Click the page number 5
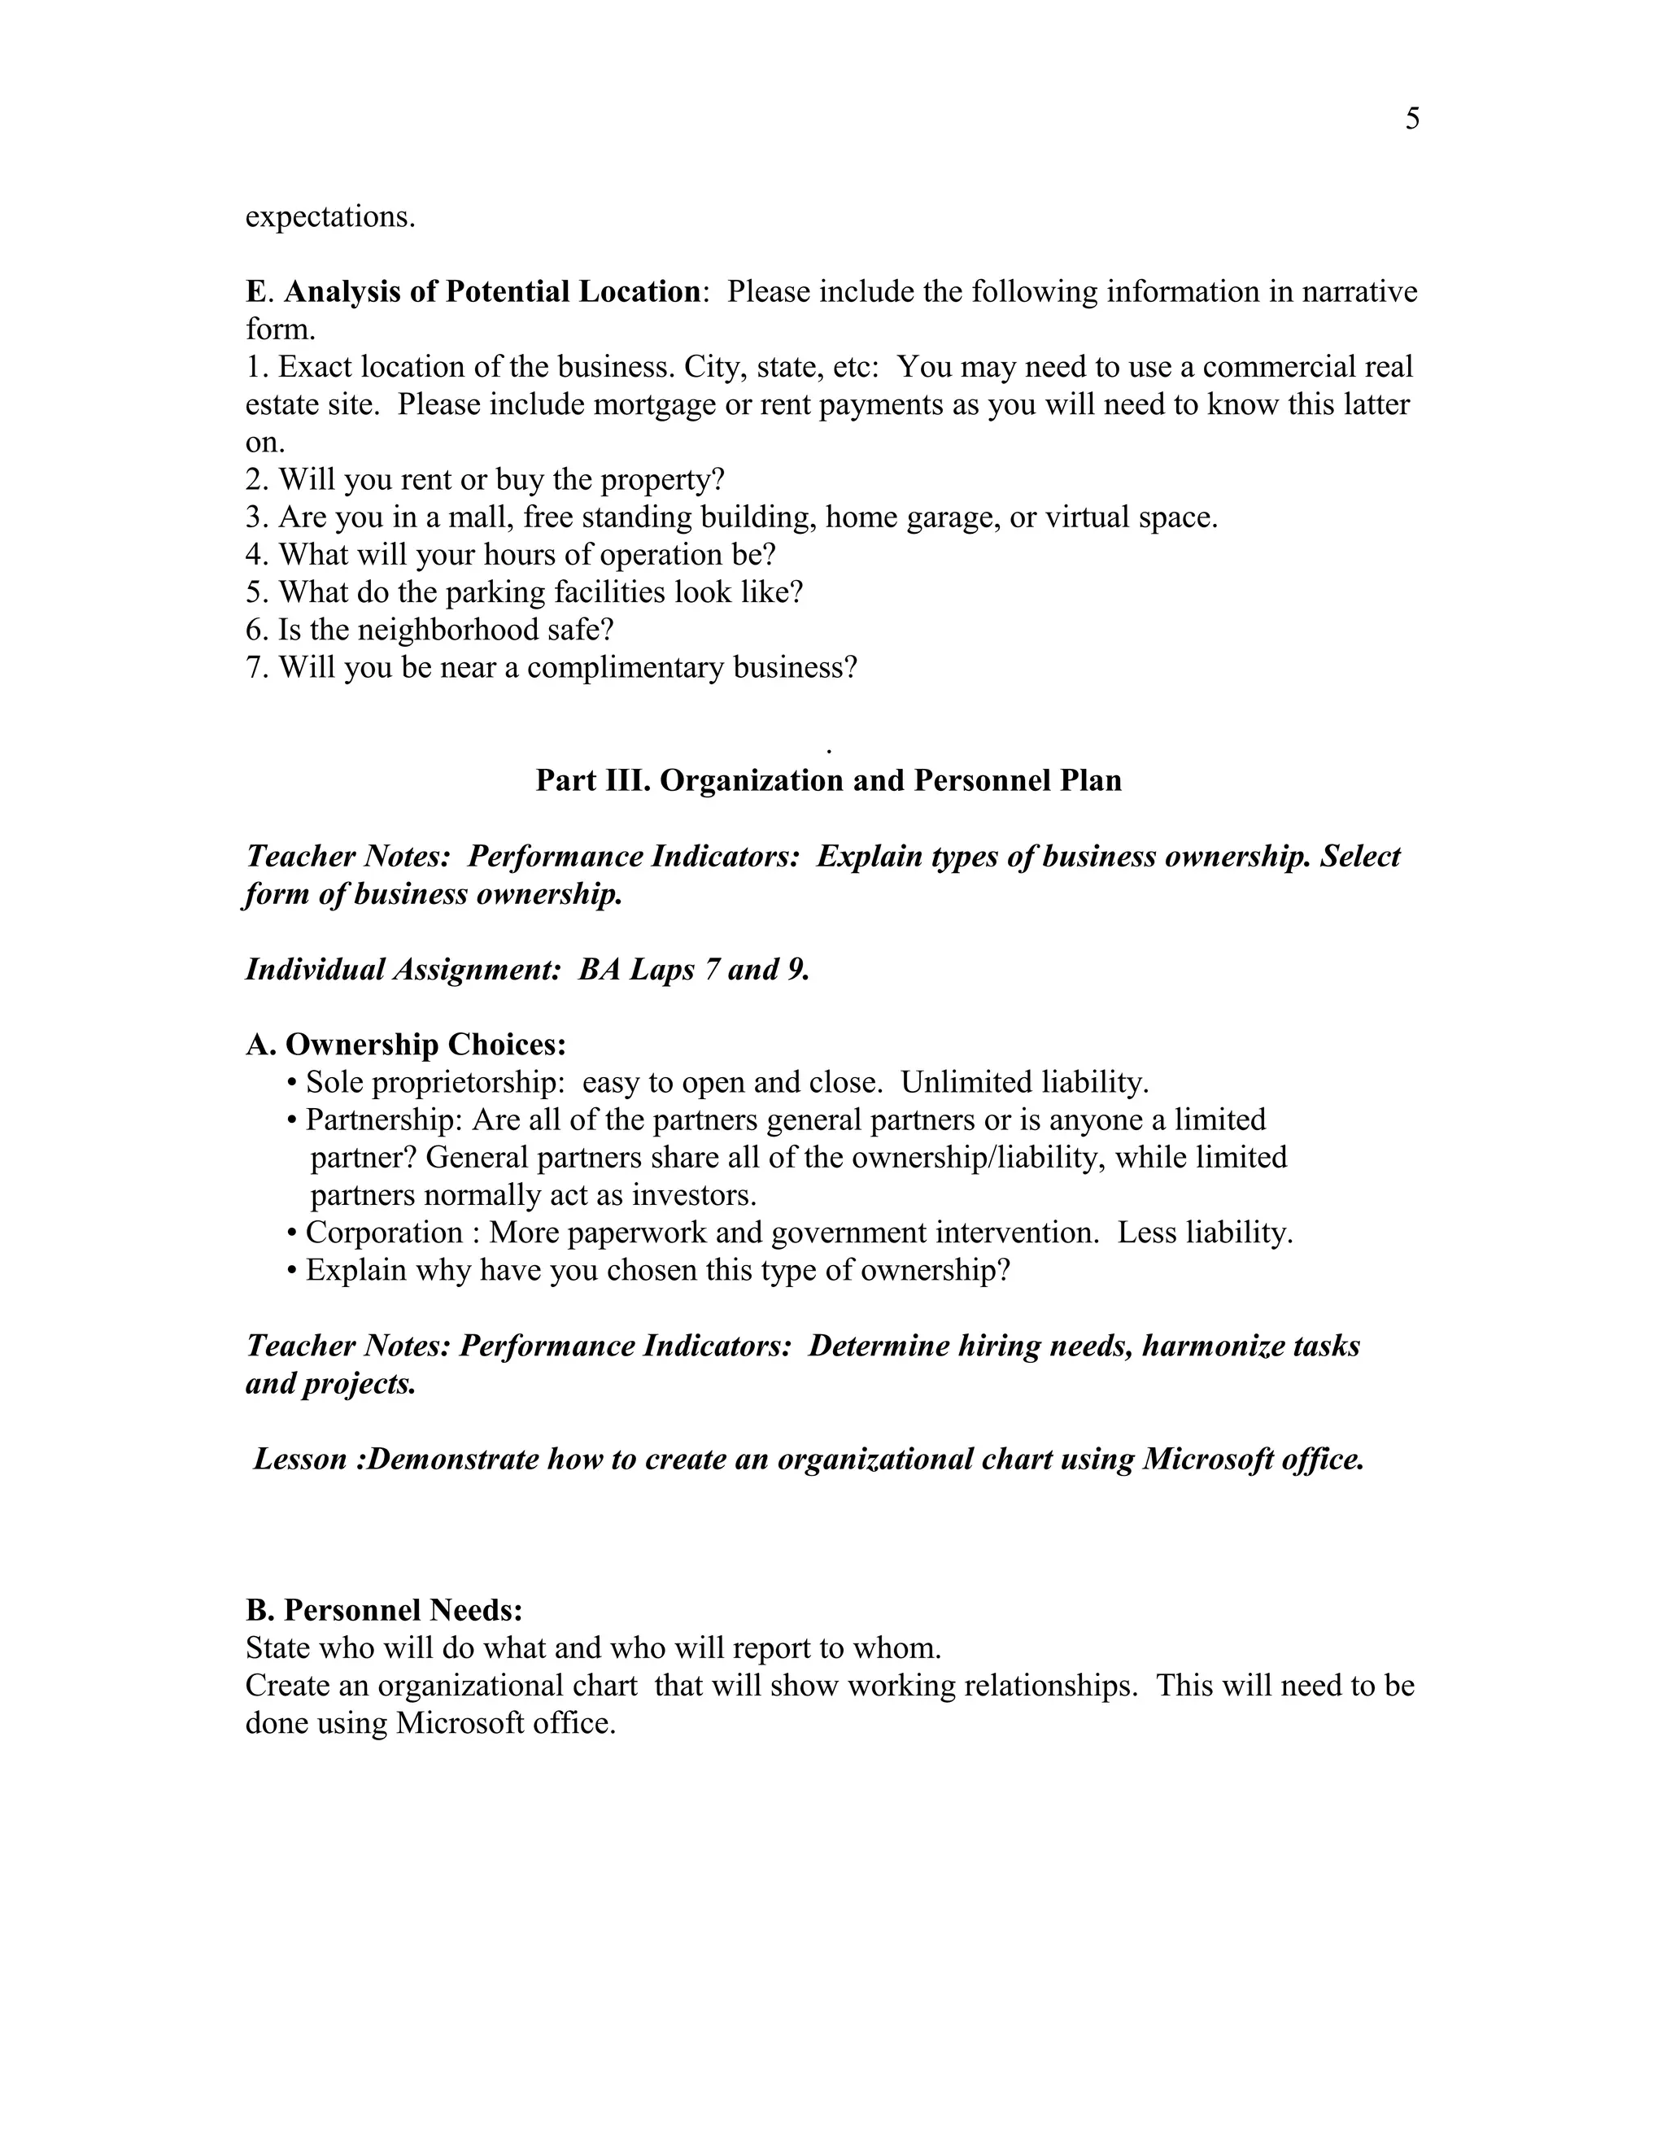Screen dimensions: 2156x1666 tap(1411, 120)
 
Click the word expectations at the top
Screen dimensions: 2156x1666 tap(329, 217)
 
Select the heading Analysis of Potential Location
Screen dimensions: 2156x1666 tap(491, 292)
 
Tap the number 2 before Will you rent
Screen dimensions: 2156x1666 tap(255, 480)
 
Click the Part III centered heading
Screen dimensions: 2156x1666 tap(828, 781)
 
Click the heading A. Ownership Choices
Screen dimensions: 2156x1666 tap(406, 1045)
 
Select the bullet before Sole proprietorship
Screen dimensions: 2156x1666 tap(291, 1084)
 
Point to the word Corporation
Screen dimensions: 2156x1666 tap(383, 1233)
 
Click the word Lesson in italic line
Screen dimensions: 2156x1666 tap(299, 1459)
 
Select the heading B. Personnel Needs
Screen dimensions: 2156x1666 tap(384, 1610)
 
